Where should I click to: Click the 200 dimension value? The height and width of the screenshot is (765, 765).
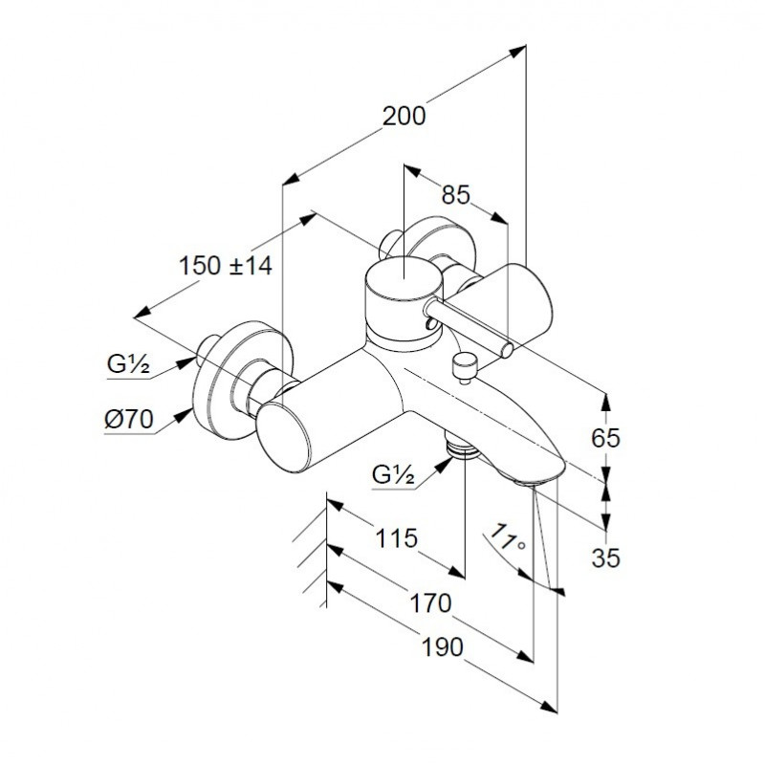click(403, 117)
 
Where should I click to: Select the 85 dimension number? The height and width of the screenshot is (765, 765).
click(455, 195)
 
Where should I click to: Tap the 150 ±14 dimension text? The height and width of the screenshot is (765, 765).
click(226, 267)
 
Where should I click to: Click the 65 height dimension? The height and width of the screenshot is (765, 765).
click(606, 438)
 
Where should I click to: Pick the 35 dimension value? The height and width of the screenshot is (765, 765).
click(606, 557)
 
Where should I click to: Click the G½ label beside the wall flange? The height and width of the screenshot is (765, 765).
click(126, 364)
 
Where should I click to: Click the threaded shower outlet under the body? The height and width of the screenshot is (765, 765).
click(463, 448)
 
